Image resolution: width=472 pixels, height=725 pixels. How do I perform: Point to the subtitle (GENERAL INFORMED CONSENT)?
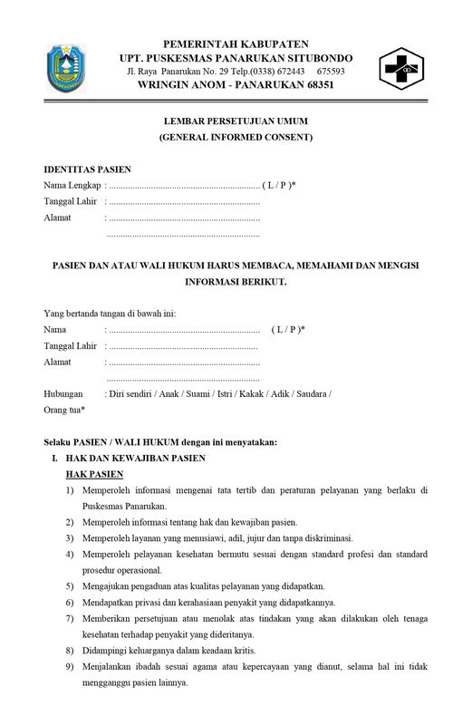(236, 138)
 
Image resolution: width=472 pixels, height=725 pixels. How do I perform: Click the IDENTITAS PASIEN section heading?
(88, 169)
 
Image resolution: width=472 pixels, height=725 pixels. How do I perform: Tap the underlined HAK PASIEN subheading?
(94, 475)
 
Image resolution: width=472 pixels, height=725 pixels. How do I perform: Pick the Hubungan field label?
(63, 394)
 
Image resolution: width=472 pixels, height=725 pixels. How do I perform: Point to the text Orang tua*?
(64, 410)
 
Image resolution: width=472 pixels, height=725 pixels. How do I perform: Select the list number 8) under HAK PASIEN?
(69, 651)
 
